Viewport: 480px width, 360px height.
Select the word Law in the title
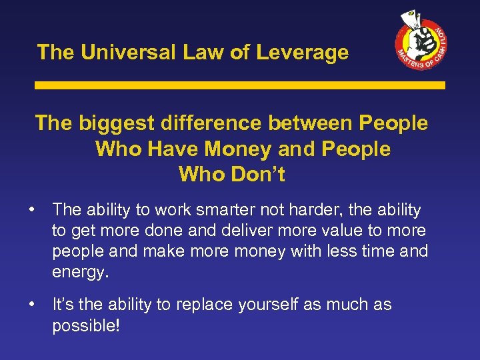[206, 53]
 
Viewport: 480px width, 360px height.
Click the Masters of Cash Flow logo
[420, 42]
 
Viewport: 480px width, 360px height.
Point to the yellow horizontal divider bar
[239, 86]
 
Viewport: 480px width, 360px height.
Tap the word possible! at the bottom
[85, 326]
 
